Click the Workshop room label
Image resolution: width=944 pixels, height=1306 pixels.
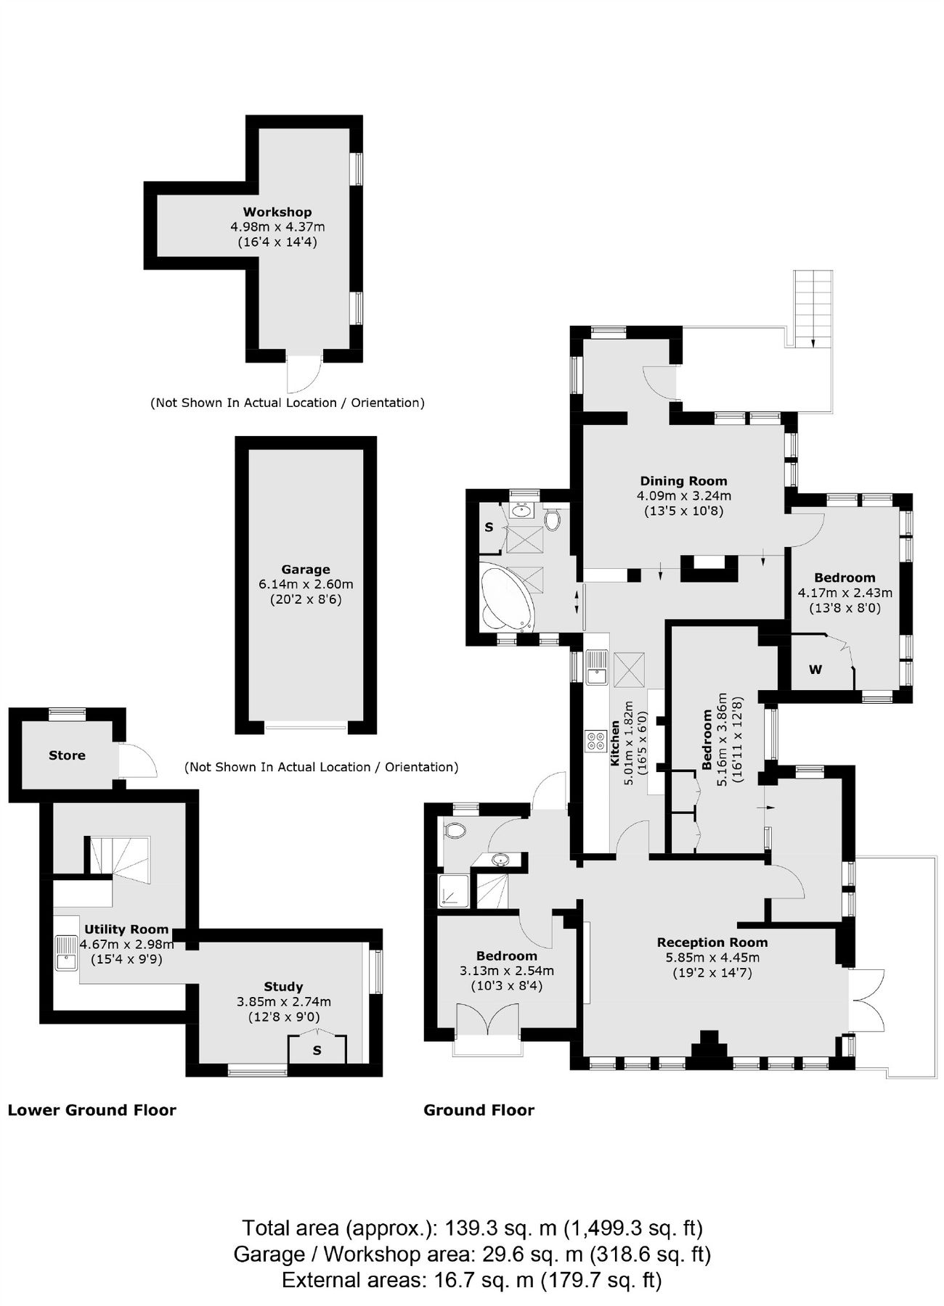coord(277,212)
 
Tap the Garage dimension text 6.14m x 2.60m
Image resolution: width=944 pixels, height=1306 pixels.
coord(306,584)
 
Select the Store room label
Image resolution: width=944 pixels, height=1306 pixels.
coord(67,755)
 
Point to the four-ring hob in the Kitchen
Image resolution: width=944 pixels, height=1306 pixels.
coord(596,740)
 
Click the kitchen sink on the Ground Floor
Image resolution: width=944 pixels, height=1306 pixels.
coord(597,668)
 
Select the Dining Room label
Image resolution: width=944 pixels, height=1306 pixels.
coord(683,480)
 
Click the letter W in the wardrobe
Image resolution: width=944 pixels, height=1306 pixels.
coord(815,670)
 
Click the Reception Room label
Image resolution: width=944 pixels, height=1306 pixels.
coord(712,942)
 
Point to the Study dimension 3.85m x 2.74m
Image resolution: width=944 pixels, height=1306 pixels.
coord(283,1001)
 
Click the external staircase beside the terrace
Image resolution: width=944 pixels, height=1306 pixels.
coord(813,308)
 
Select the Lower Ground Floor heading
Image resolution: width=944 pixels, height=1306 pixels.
coord(91,1109)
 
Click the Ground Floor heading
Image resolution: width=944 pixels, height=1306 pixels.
coord(479,1109)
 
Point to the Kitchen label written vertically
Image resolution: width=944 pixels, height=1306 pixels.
coord(614,743)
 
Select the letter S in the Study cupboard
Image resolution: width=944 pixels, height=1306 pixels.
coord(317,1051)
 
